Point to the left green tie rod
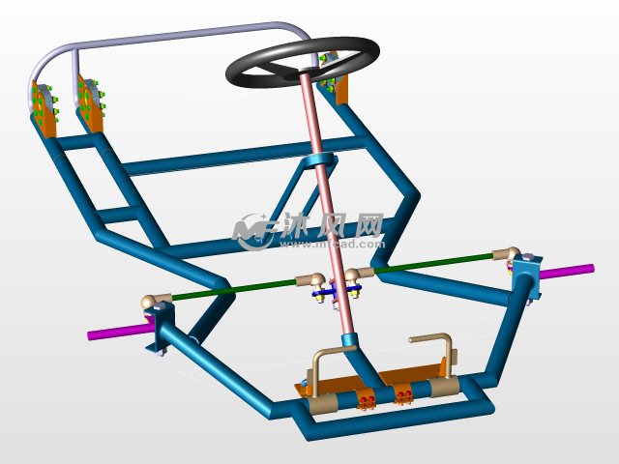[232, 289]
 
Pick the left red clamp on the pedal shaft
[366, 399]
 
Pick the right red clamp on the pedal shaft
[402, 395]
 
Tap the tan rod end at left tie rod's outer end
[153, 301]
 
